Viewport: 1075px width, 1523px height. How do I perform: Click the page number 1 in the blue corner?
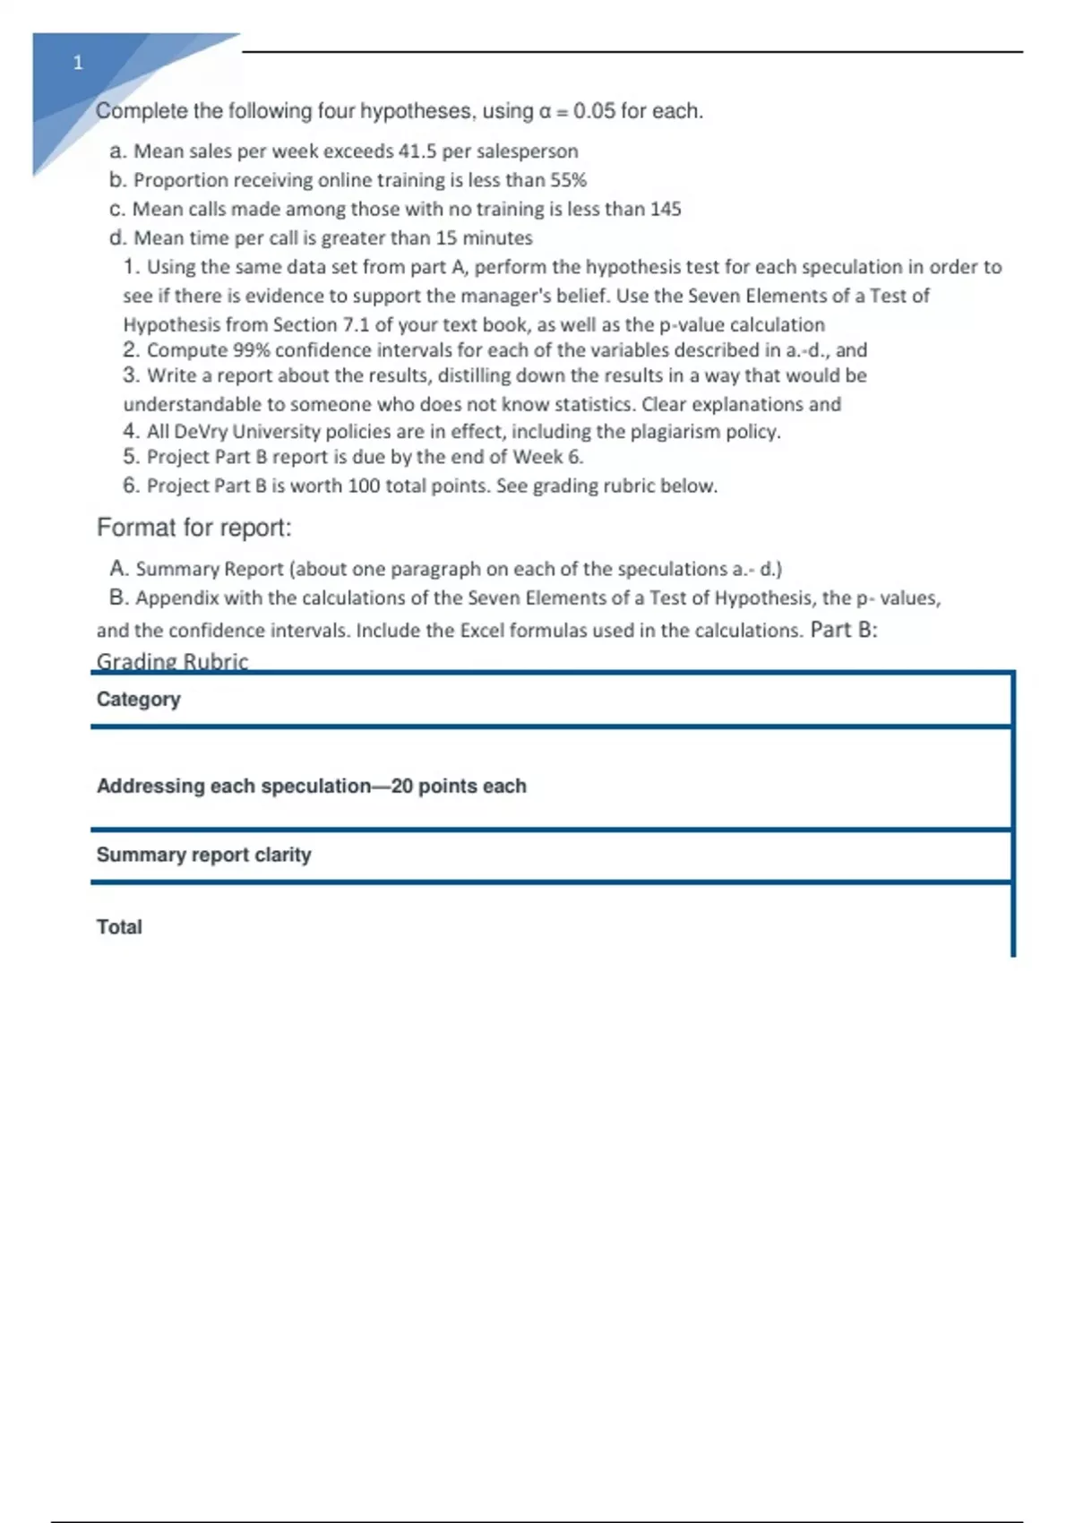[78, 63]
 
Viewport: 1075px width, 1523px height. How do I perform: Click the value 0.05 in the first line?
[594, 111]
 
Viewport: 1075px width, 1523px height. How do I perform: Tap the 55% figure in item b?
[568, 180]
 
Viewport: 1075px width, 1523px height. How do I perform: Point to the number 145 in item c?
[666, 209]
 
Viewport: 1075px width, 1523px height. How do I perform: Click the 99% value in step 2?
[252, 350]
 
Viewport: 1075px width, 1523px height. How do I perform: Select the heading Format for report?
[194, 528]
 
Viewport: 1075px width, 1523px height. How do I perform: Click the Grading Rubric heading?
[172, 661]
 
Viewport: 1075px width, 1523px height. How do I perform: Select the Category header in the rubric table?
[139, 699]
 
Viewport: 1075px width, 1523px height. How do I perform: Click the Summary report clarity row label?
[204, 855]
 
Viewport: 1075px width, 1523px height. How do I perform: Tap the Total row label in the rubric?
[119, 927]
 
